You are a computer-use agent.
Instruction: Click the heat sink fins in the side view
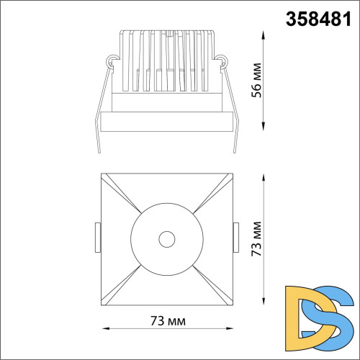(166, 61)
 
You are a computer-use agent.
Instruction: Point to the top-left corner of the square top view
(101, 174)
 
